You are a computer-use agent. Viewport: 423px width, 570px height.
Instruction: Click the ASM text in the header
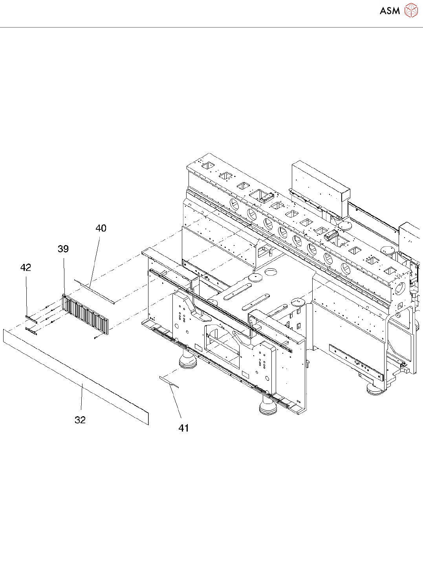pos(390,11)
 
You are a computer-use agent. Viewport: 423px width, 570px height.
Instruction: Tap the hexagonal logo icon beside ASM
pos(411,10)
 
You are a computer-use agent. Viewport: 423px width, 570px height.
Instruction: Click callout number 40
pos(101,228)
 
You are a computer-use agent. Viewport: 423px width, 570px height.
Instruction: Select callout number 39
pos(63,249)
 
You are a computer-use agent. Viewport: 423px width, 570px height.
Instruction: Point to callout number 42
pos(26,267)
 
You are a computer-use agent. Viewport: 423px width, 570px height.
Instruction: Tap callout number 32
pos(80,420)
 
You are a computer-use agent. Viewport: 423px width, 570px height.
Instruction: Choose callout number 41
pos(184,428)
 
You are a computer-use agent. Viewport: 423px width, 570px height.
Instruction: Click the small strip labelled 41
pos(169,382)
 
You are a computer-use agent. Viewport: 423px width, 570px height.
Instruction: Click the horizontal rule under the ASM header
pos(211,28)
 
